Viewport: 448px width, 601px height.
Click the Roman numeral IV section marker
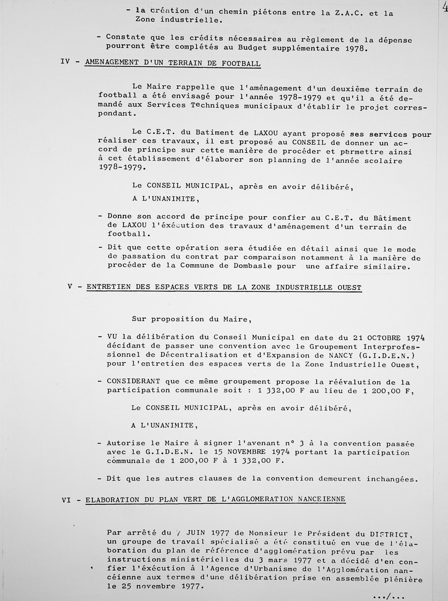pyautogui.click(x=65, y=62)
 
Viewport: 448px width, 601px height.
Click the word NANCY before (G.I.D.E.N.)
pyautogui.click(x=341, y=355)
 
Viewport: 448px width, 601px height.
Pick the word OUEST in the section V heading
pyautogui.click(x=349, y=287)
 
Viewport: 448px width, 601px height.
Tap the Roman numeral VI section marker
pyautogui.click(x=67, y=500)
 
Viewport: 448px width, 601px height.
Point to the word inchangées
pyautogui.click(x=392, y=479)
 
